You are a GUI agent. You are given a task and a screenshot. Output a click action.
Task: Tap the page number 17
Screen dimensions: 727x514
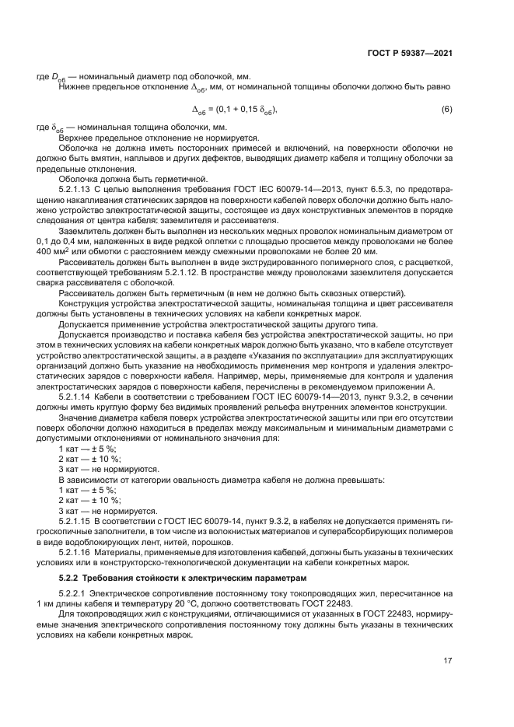point(447,661)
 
